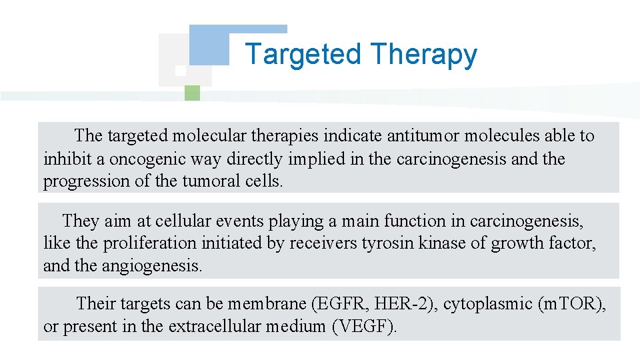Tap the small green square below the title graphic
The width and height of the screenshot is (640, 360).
point(192,93)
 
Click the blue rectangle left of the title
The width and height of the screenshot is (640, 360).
point(209,45)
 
